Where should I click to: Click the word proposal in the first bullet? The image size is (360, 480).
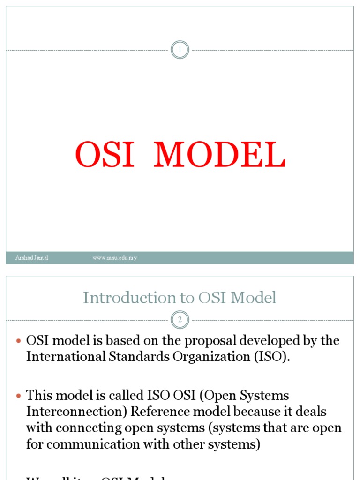coord(193,341)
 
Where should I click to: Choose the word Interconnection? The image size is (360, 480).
coord(76,412)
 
